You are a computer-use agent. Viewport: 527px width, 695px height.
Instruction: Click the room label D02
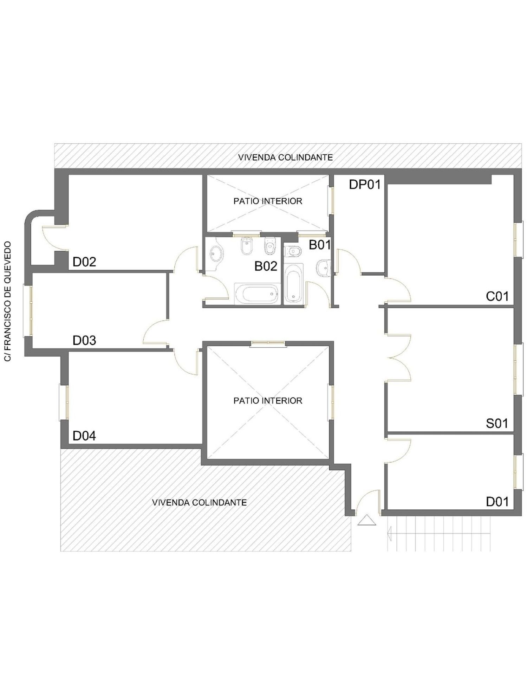84,262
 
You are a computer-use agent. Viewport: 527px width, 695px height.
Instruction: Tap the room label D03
84,340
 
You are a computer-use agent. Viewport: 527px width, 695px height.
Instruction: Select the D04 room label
84,436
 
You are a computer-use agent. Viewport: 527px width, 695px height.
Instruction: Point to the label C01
497,297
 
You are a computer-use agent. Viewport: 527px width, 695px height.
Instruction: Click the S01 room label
497,424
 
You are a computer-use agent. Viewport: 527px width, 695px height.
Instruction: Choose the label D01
497,502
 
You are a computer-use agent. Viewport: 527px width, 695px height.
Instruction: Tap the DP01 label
365,185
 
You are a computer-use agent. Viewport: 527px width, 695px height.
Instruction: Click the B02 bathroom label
266,266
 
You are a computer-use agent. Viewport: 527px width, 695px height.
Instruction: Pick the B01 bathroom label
320,245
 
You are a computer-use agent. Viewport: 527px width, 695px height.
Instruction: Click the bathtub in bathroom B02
256,294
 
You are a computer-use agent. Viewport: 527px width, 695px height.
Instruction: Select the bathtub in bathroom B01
293,283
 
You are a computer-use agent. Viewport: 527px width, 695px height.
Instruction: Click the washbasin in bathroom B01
324,268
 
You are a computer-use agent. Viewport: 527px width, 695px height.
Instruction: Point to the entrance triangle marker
367,520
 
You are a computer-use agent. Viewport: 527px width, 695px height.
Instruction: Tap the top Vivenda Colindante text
286,157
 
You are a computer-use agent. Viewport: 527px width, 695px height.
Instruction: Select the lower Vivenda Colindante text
199,503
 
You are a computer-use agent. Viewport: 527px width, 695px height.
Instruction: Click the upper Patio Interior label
268,201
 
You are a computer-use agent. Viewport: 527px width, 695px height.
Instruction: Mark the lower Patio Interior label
268,401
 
